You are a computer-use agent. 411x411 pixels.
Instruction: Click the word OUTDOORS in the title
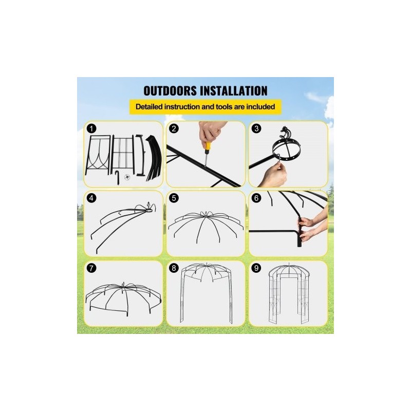(x=170, y=91)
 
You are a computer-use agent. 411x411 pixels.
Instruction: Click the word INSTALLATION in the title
(x=234, y=91)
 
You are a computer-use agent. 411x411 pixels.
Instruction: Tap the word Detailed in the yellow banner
(x=148, y=107)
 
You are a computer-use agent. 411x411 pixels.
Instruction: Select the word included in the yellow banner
(x=260, y=107)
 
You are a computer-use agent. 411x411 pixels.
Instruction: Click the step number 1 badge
(x=91, y=129)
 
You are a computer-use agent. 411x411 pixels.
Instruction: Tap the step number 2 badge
(x=174, y=128)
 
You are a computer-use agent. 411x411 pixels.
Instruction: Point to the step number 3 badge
(x=256, y=128)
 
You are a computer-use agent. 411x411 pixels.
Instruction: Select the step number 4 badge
(x=91, y=198)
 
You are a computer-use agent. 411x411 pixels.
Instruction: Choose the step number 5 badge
(x=174, y=198)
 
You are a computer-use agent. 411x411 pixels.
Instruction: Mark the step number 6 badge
(x=256, y=198)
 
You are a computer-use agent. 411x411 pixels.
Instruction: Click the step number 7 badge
(x=91, y=268)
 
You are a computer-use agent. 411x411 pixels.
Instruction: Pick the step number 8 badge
(x=174, y=268)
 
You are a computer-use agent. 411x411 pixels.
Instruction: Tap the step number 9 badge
(x=256, y=268)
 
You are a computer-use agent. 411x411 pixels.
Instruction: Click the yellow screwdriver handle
(x=208, y=148)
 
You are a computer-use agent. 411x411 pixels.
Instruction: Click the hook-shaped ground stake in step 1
(x=117, y=177)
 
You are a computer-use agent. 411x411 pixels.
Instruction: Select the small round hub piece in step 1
(x=127, y=177)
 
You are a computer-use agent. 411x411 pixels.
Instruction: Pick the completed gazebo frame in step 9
(x=289, y=293)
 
